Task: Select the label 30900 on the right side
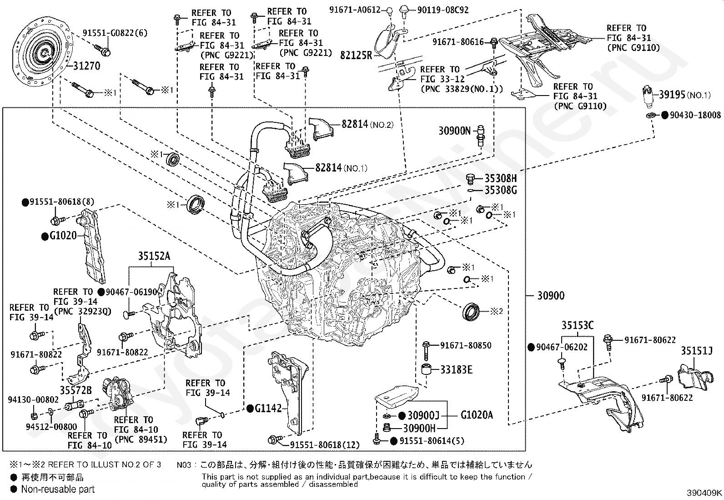click(x=551, y=296)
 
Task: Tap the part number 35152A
click(x=154, y=257)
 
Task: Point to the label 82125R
click(x=356, y=56)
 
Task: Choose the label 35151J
click(x=696, y=351)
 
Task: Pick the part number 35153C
click(x=578, y=325)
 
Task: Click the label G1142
click(x=268, y=408)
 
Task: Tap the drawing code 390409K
click(x=704, y=492)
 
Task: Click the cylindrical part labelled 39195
click(x=651, y=97)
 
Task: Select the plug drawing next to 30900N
click(x=481, y=135)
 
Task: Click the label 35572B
click(x=75, y=390)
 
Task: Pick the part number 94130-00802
click(x=33, y=400)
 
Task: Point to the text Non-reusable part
click(x=58, y=489)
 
